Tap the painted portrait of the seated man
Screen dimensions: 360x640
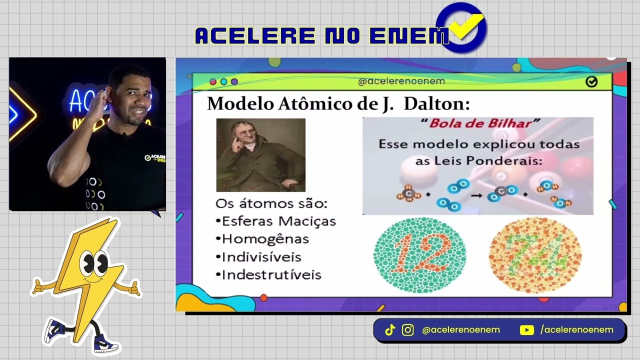point(260,155)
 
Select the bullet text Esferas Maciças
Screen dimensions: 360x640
point(278,221)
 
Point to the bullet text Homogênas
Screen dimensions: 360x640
point(265,239)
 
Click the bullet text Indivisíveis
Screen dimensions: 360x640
point(261,257)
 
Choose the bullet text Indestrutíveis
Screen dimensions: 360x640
point(271,275)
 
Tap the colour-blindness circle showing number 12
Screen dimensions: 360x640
point(420,255)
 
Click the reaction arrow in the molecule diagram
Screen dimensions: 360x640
point(476,195)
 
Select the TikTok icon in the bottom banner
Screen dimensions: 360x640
point(390,330)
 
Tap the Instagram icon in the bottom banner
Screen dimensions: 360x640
point(408,330)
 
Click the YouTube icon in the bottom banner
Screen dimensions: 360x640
point(526,330)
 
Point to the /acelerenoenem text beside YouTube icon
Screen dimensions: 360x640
point(576,330)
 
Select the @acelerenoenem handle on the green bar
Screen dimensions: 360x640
point(401,81)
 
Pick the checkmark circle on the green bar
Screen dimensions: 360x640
point(591,81)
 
